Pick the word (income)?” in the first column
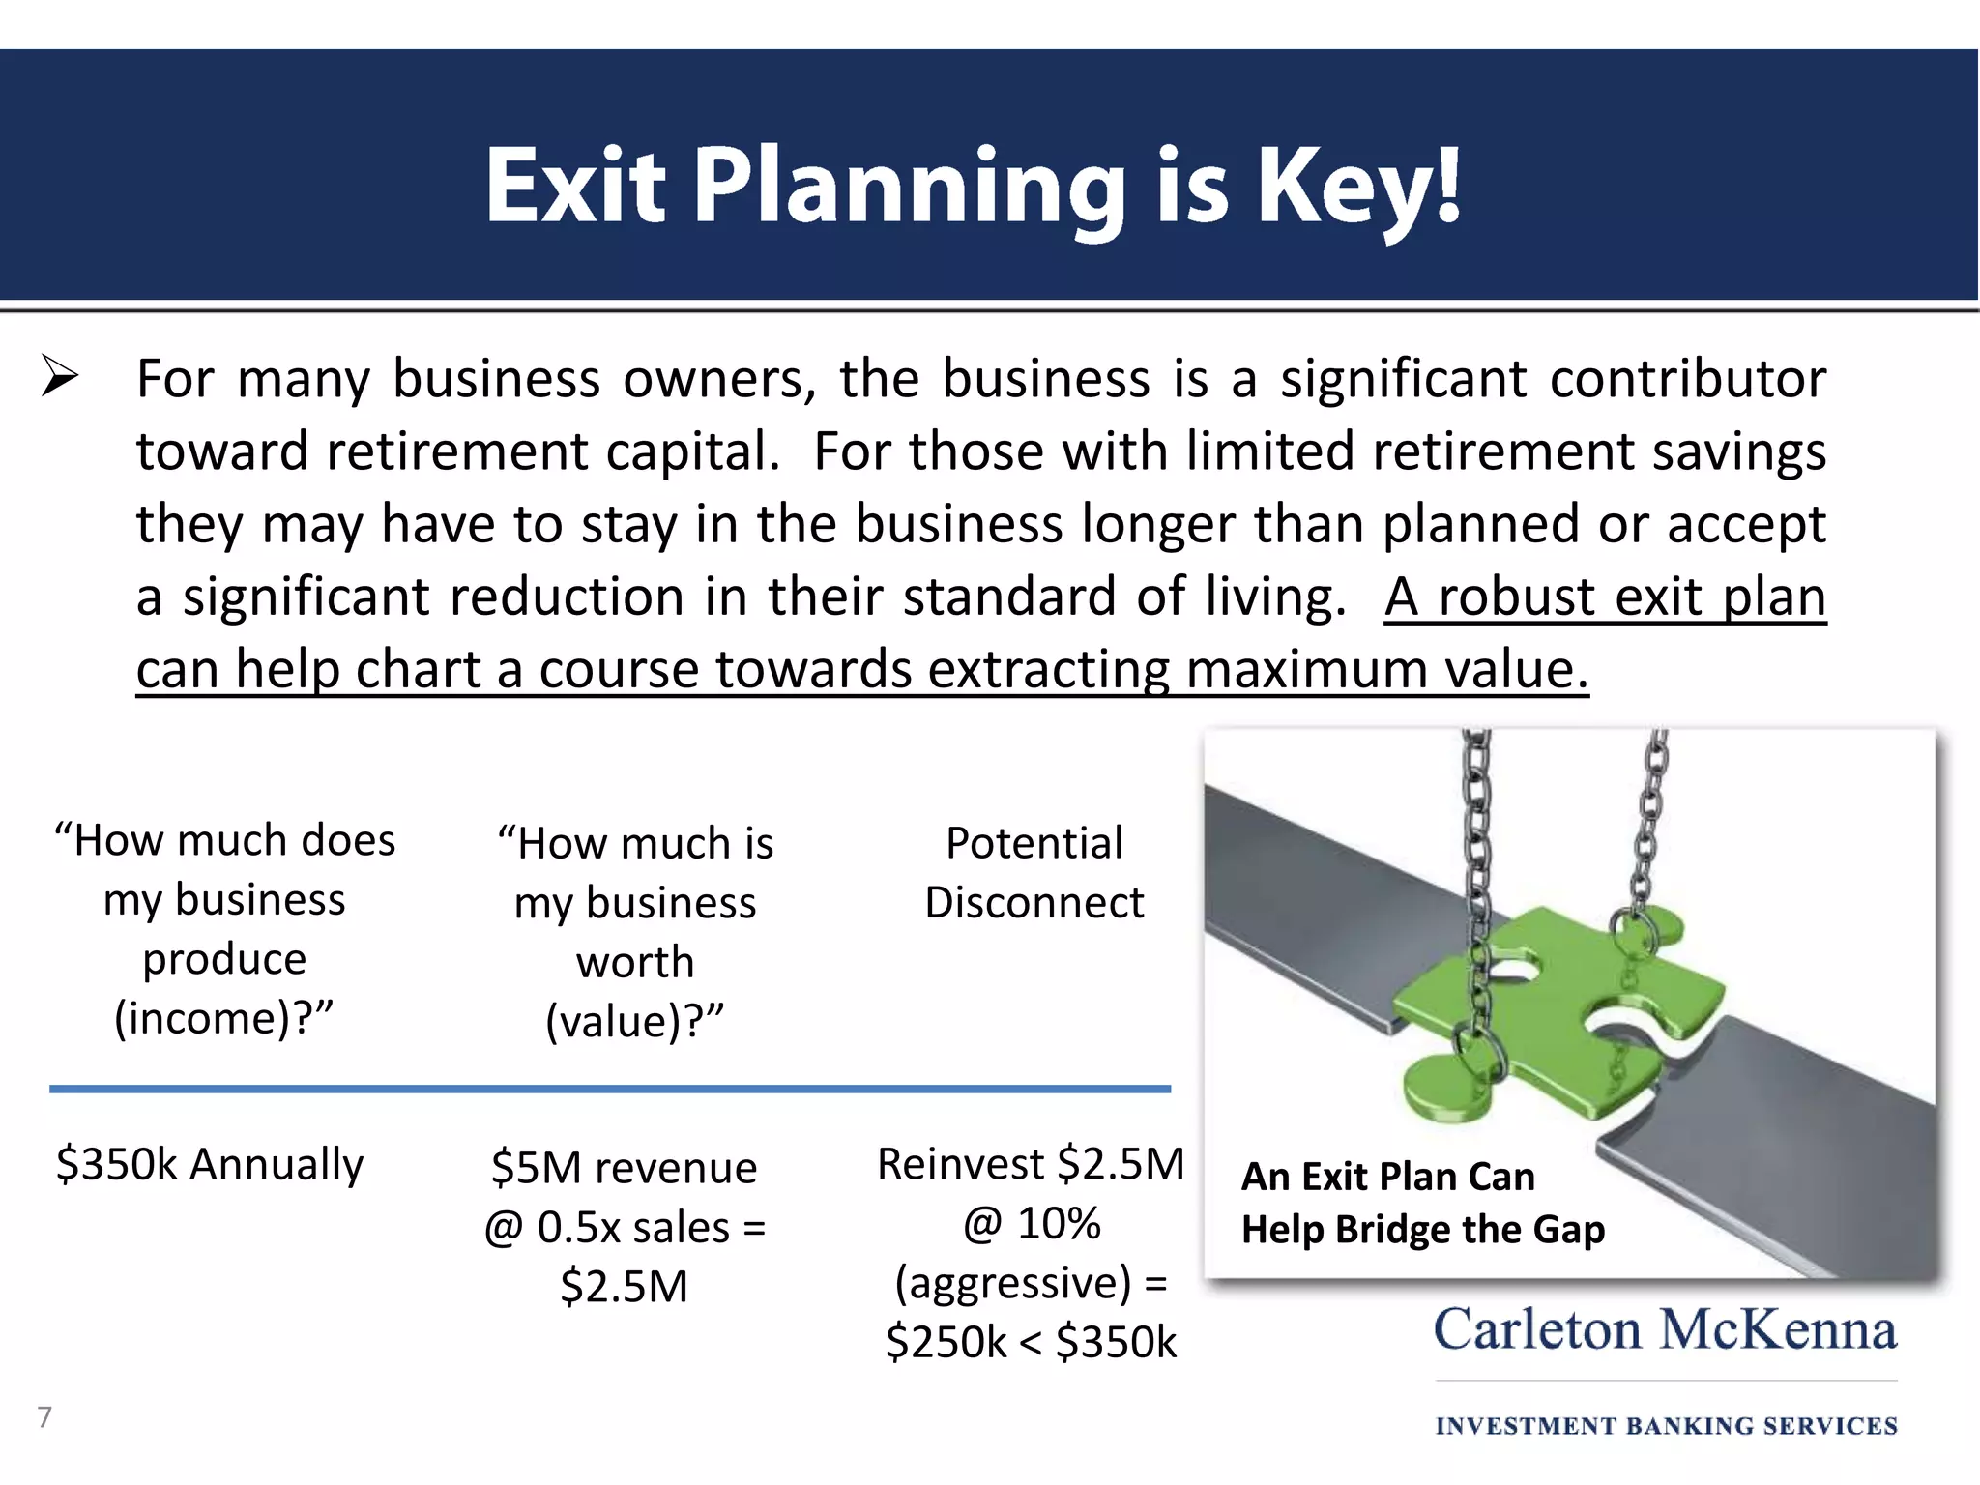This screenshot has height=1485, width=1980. click(224, 1019)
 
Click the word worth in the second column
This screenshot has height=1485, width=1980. click(635, 963)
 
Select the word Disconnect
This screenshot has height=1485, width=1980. click(1034, 903)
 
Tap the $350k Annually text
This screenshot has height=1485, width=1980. click(210, 1164)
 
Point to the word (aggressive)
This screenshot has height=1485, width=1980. click(1012, 1284)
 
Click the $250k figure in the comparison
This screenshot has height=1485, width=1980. click(946, 1343)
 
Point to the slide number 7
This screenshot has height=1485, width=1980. click(44, 1417)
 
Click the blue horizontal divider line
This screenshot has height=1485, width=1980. click(609, 1089)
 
